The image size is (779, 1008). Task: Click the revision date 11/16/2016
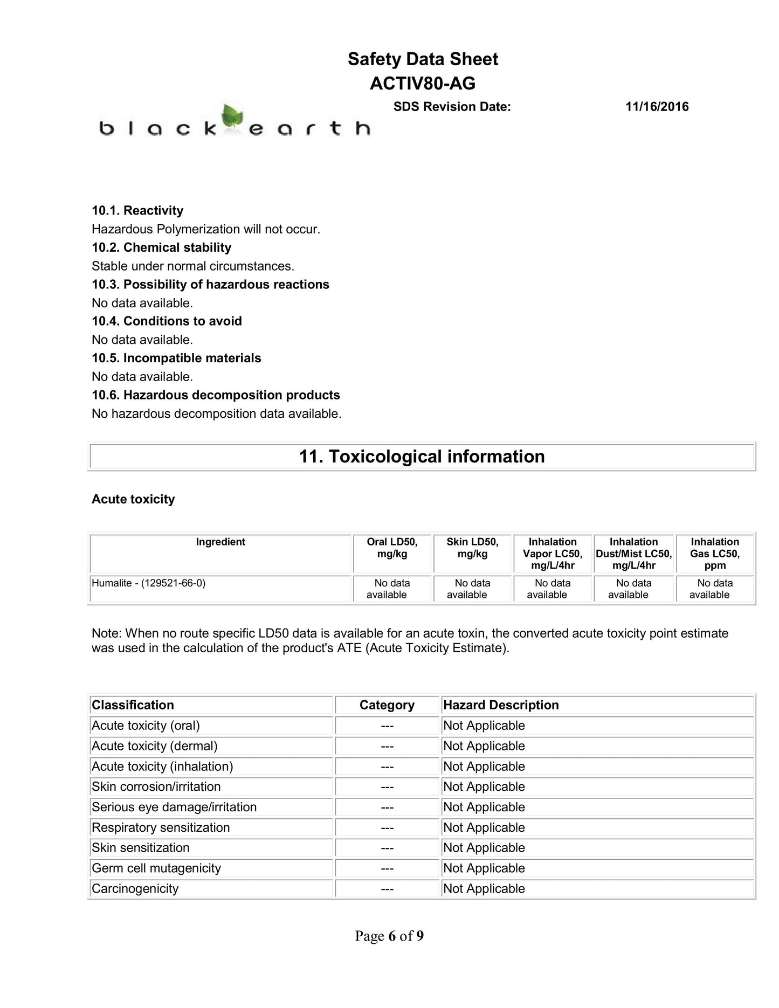click(657, 107)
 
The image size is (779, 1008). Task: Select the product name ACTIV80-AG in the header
click(423, 84)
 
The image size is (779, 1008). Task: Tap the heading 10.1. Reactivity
click(137, 210)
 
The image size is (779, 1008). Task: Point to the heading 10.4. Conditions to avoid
click(167, 321)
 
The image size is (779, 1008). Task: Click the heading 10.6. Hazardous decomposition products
click(216, 395)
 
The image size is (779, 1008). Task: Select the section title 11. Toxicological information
click(422, 457)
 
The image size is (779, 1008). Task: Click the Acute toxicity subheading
click(133, 499)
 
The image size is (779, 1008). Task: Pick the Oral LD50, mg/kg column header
click(392, 548)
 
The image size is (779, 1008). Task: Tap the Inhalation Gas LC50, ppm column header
click(715, 554)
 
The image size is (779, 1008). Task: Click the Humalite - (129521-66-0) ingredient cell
click(149, 583)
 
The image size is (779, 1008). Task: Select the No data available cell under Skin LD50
click(472, 589)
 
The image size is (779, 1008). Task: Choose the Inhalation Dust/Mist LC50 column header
click(633, 554)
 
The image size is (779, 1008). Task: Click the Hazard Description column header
click(501, 705)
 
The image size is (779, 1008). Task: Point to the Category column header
click(387, 705)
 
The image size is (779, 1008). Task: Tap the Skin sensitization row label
click(141, 848)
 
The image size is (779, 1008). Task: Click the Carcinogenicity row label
click(135, 889)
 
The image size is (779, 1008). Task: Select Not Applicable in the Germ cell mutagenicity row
click(484, 868)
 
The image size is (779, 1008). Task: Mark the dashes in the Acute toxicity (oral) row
click(387, 726)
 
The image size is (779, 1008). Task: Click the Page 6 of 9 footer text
click(389, 936)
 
